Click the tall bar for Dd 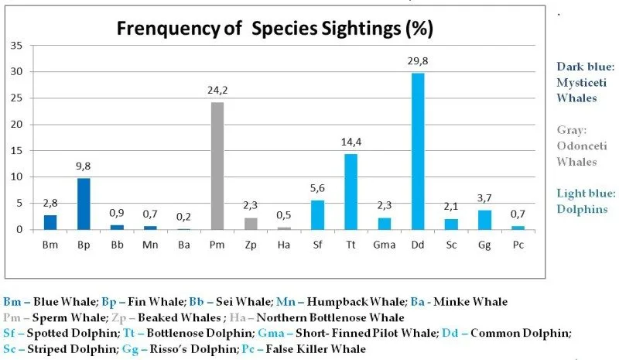[x=417, y=151]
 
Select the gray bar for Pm [x=217, y=166]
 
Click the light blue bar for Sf [x=317, y=214]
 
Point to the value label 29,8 [x=417, y=61]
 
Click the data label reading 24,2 [x=217, y=91]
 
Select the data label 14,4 [x=351, y=142]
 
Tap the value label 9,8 [x=84, y=166]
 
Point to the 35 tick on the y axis [x=15, y=45]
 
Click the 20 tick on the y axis [x=15, y=124]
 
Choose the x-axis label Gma [x=384, y=245]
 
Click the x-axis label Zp [x=250, y=245]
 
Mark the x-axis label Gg [x=484, y=245]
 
